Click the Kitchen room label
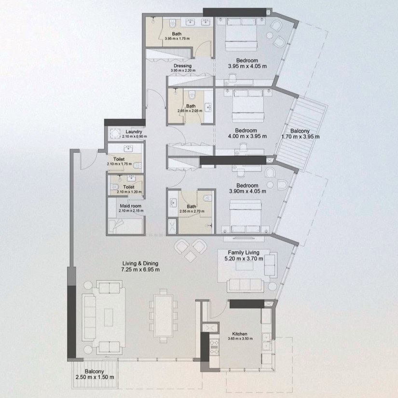tap(240, 334)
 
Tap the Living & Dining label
tap(140, 263)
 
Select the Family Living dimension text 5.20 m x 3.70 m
tap(244, 259)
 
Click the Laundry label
tap(134, 132)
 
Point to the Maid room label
tap(130, 206)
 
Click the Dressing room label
tap(182, 66)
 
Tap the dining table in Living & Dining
tap(164, 316)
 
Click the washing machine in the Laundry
tap(115, 134)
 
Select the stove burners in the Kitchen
tap(215, 347)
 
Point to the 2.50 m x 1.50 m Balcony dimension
tap(95, 377)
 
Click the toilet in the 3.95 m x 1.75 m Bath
tap(173, 23)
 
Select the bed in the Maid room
tap(125, 226)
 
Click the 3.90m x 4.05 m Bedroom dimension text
tap(247, 192)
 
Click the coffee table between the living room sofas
tap(109, 317)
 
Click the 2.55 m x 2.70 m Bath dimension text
tap(192, 211)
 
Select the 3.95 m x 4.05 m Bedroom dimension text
tap(247, 66)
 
